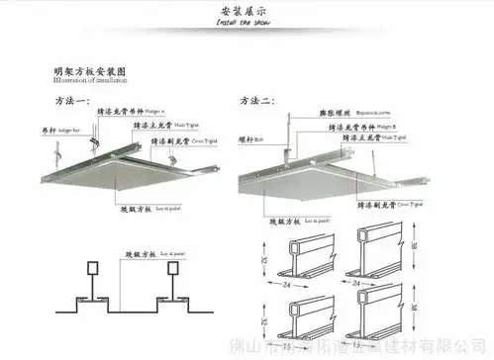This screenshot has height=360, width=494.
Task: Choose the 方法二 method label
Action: (x=257, y=102)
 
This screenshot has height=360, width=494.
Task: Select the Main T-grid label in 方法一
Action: (x=159, y=128)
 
